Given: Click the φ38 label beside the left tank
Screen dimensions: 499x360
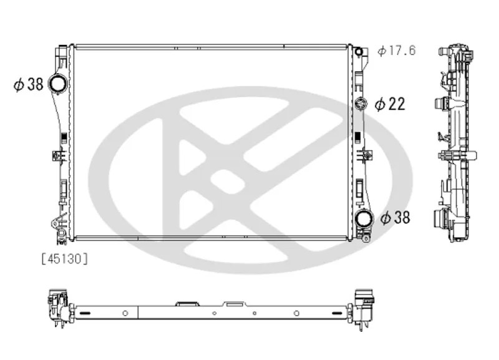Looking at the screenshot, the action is coord(28,85).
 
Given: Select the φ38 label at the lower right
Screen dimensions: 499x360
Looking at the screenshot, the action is coord(395,218).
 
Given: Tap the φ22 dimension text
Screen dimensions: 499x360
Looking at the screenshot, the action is coord(390,104).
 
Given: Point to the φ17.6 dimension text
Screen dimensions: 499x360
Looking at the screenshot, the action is coord(397,51).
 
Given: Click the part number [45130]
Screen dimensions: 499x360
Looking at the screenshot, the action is coord(65,259).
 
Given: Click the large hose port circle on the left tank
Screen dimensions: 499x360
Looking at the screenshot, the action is coord(58,84).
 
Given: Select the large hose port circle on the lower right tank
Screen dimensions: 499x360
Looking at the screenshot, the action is coord(364,218).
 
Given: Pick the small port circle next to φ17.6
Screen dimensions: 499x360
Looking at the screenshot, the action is coord(359,52).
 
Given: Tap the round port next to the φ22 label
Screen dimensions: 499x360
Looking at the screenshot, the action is coord(361,104).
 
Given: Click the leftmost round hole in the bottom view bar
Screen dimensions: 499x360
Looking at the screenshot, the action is coord(125,313).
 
